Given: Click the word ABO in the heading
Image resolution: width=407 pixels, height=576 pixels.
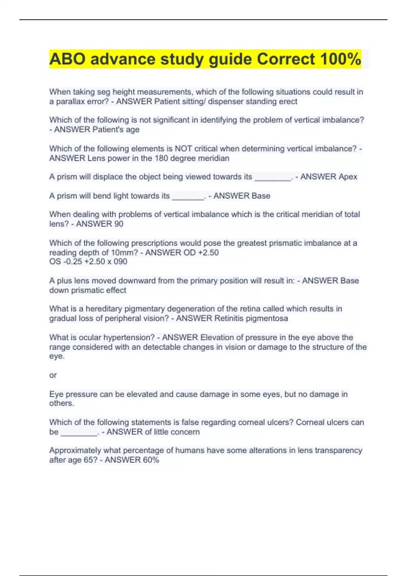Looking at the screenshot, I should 67,59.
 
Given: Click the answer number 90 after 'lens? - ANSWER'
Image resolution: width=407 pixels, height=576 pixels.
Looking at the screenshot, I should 119,224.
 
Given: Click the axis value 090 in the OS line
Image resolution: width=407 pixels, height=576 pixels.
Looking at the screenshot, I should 120,261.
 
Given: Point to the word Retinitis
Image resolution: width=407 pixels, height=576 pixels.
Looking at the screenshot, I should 229,318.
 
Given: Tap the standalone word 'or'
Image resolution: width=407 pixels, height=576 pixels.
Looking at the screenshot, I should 53,375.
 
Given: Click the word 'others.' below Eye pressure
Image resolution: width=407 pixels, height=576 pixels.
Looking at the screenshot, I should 61,403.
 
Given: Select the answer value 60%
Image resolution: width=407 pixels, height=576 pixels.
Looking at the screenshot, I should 151,460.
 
